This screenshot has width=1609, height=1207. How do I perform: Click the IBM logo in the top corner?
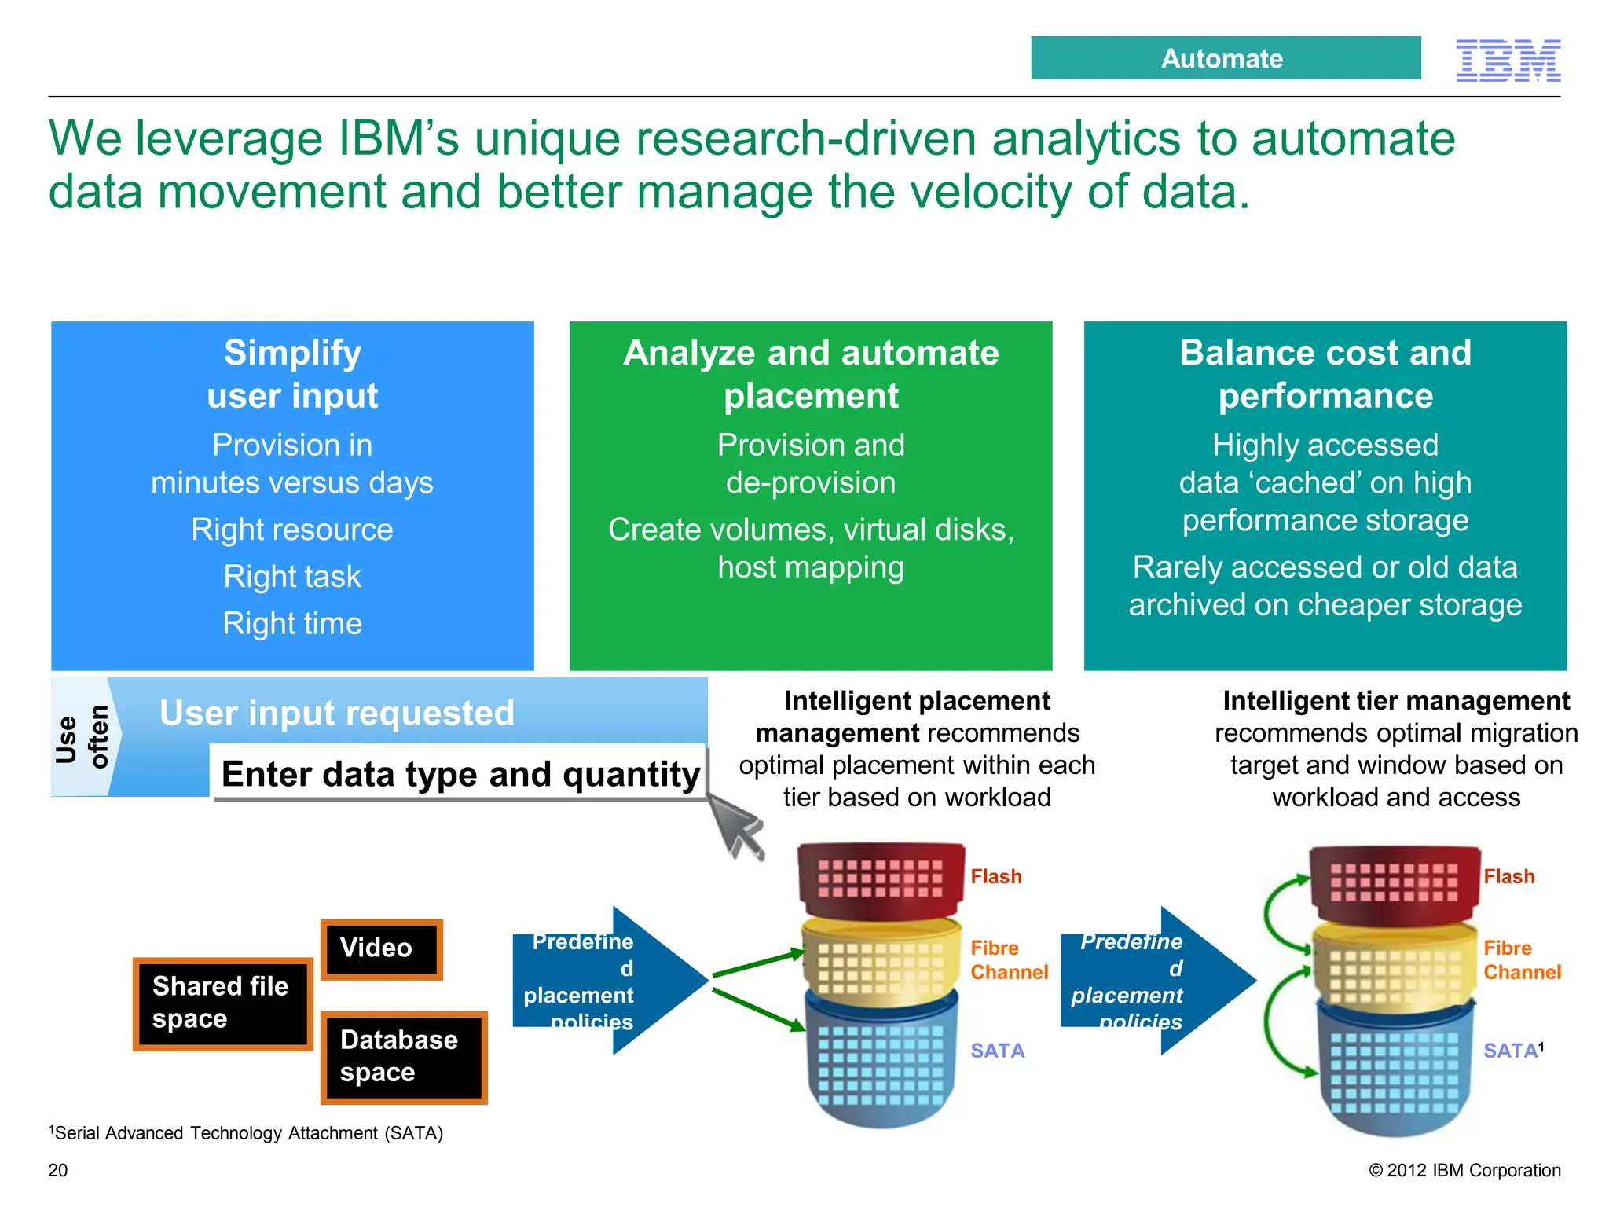tap(1508, 61)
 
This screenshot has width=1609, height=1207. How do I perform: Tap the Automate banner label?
tap(1224, 58)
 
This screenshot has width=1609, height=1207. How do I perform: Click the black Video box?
tap(381, 948)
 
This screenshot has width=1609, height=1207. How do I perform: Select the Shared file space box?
tap(222, 1003)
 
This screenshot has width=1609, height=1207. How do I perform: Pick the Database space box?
tap(404, 1057)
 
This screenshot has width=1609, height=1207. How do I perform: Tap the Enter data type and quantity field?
tap(460, 774)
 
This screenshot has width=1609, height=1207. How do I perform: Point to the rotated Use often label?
tap(82, 737)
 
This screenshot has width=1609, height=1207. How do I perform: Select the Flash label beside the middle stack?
tap(995, 876)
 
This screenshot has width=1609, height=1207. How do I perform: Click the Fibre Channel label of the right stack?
tap(1521, 960)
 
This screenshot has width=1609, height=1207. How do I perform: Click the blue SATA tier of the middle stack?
tap(881, 1061)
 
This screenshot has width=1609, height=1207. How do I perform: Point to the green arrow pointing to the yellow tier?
tap(759, 964)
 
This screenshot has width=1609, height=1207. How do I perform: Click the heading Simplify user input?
tap(292, 374)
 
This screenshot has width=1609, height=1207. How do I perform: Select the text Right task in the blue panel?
tap(292, 577)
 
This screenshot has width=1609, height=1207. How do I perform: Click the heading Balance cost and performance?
tap(1325, 374)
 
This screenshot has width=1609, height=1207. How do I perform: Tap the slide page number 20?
tap(58, 1170)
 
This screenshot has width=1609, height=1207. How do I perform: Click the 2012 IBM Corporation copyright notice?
tap(1464, 1170)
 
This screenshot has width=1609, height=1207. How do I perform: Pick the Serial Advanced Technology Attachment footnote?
tap(247, 1133)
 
